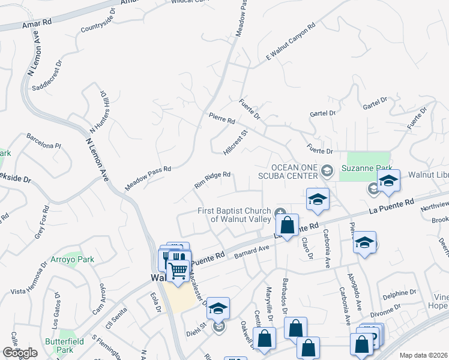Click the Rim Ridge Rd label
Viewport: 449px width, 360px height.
[x=212, y=179]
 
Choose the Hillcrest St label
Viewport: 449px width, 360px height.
[x=235, y=143]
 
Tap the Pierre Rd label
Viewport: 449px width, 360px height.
[x=221, y=120]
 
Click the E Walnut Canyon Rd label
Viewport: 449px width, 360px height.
[x=291, y=42]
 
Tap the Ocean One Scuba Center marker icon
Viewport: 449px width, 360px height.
[x=327, y=171]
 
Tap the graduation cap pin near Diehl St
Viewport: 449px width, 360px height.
[x=218, y=308]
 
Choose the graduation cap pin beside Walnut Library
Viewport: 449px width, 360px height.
[x=388, y=181]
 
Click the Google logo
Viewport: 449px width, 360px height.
[x=20, y=353]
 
